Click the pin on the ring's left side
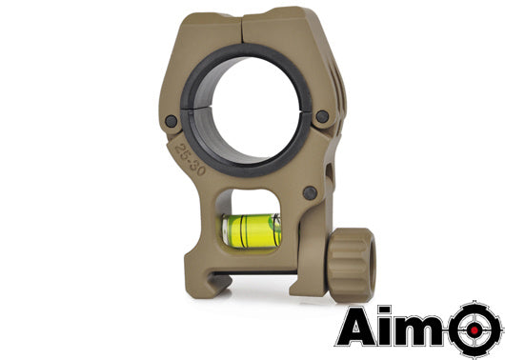point(172,121)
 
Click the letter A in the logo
point(363,326)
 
